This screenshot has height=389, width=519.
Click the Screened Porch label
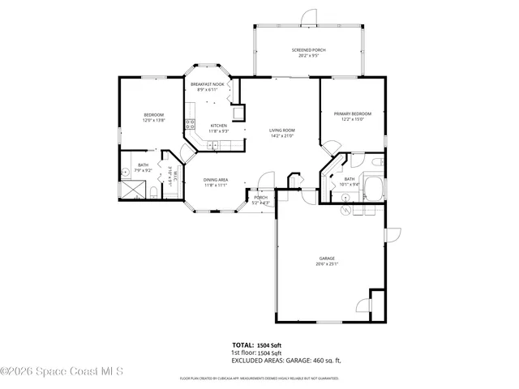pos(308,50)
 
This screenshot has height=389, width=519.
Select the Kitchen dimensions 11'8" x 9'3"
pos(219,131)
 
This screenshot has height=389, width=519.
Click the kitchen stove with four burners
pos(190,124)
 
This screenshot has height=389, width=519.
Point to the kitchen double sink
pos(212,146)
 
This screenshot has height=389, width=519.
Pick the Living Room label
pos(281,130)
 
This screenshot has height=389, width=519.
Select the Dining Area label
pos(215,179)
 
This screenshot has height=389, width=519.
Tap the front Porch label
pos(260,198)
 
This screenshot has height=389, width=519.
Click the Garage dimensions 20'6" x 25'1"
pos(327,264)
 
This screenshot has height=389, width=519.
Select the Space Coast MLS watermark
pos(62,371)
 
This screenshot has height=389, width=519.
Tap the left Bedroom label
pos(154,115)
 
